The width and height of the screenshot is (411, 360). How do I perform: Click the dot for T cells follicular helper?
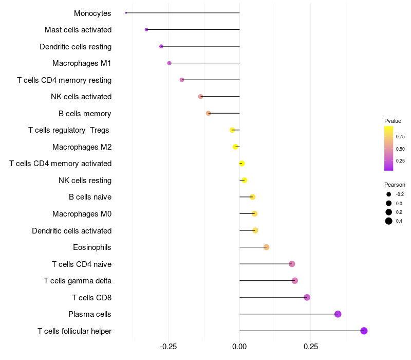point(364,331)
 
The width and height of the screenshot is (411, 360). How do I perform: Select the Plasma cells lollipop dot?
point(338,314)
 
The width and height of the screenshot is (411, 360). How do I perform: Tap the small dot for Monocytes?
point(126,13)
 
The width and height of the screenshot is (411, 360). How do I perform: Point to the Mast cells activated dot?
point(146,30)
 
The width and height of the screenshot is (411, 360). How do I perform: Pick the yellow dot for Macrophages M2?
point(236,147)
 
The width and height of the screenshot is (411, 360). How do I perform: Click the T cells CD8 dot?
point(307,297)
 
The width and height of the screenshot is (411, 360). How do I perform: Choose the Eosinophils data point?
point(266,247)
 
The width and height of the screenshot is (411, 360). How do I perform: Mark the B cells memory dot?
point(208,113)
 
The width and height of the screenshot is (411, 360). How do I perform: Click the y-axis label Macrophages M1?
point(82,63)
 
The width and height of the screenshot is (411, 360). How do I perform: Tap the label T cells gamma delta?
point(78,281)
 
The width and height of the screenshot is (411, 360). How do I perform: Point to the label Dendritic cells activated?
point(71,231)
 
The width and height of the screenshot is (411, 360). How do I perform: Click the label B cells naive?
point(90,197)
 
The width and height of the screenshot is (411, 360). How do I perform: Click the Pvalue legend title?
point(393,121)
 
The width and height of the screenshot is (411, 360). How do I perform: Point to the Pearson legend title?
point(395,185)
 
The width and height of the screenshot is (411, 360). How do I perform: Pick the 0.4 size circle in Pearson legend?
point(389,221)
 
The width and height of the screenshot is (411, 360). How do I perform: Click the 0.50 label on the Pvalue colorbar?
point(400,149)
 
